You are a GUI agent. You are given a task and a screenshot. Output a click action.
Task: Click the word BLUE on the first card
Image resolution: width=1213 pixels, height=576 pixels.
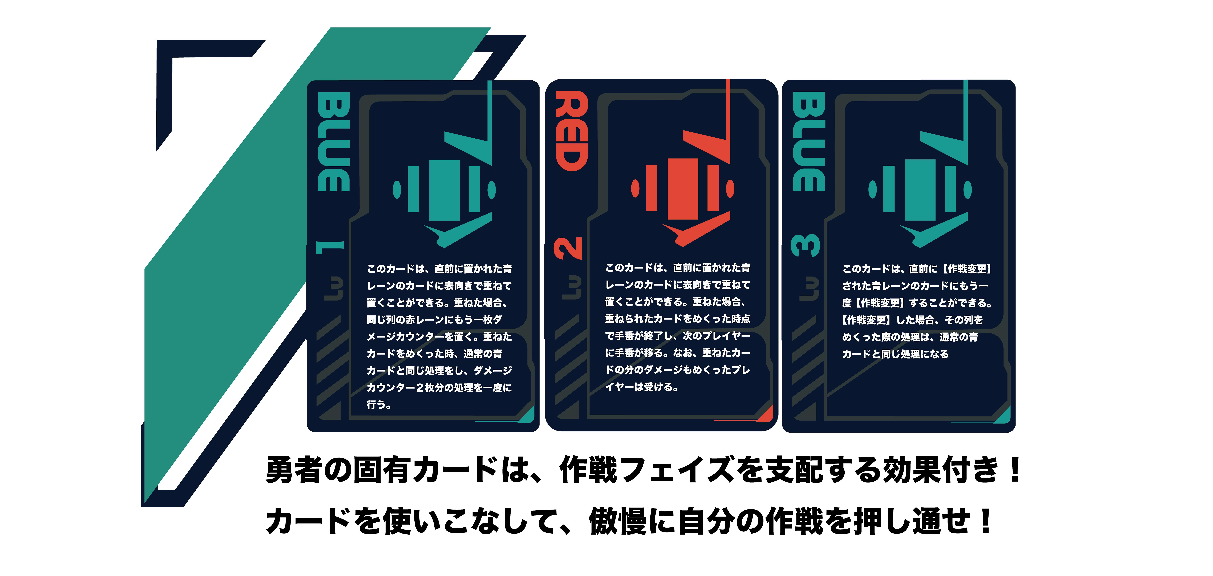click(333, 141)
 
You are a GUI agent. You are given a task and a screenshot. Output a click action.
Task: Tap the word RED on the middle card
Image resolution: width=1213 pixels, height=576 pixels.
click(572, 131)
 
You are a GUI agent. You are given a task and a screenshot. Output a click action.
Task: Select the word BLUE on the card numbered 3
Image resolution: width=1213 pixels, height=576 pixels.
click(809, 141)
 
